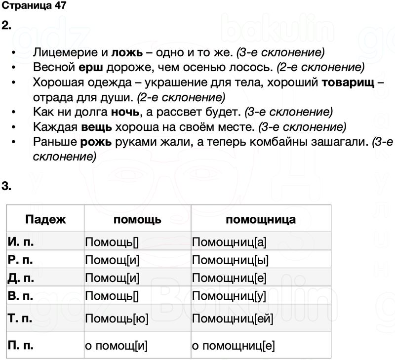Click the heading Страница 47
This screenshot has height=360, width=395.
(33, 6)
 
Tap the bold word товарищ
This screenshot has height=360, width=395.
(347, 82)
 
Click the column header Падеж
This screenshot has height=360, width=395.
(45, 220)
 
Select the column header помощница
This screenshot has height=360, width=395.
(261, 220)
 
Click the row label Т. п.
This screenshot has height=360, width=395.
(21, 319)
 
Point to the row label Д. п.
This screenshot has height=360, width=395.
(21, 278)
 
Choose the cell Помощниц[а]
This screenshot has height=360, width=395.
(230, 242)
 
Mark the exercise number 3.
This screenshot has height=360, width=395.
(6, 186)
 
